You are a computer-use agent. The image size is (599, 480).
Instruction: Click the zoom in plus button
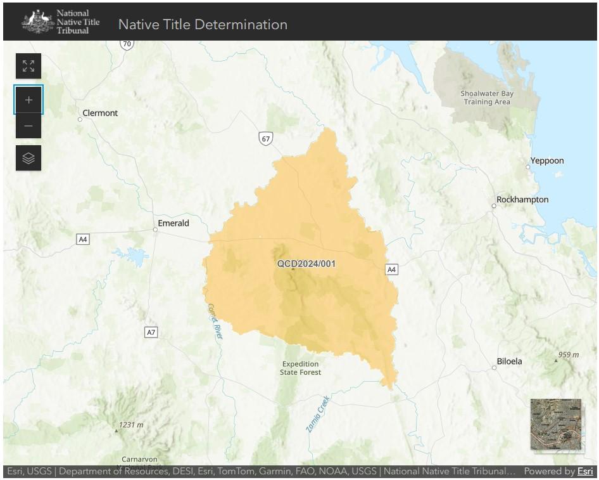click(28, 100)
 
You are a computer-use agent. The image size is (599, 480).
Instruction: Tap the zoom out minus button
click(28, 126)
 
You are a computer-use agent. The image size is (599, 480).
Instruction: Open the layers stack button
click(28, 158)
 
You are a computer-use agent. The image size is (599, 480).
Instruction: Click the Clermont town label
click(99, 114)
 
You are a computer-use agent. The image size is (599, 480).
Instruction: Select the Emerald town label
click(173, 223)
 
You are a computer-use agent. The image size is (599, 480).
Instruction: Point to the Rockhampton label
click(522, 200)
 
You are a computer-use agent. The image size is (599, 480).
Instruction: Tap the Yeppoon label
click(546, 161)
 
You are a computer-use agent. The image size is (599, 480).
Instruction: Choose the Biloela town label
click(509, 361)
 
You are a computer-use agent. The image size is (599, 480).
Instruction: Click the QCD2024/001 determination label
click(306, 264)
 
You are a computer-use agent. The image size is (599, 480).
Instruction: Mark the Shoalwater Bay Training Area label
click(486, 98)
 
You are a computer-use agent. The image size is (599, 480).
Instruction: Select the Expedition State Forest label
click(301, 368)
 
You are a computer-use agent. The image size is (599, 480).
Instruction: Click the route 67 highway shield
click(265, 138)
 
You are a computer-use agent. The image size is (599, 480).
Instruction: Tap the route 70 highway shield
click(127, 44)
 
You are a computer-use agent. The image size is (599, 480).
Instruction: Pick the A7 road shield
click(151, 332)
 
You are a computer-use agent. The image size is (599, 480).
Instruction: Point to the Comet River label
click(215, 320)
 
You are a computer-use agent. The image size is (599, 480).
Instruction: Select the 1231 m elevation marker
click(130, 425)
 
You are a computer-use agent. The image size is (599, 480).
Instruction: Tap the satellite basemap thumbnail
click(555, 424)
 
